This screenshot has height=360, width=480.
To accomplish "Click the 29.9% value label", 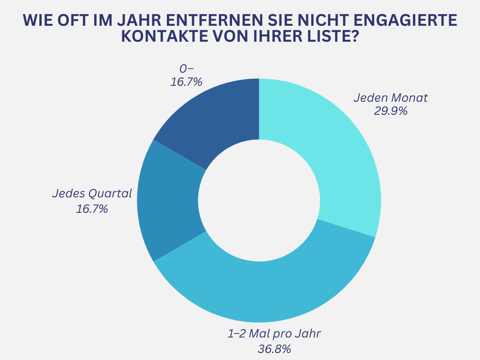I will coord(390,111).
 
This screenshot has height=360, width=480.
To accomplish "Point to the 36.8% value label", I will coord(275,349).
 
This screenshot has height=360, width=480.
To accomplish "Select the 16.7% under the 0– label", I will coord(186,82).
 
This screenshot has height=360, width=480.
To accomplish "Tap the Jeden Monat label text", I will coord(390,98).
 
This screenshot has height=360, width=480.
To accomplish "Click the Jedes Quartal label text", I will coord(92,194).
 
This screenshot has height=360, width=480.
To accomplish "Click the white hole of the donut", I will coord(259,201).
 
